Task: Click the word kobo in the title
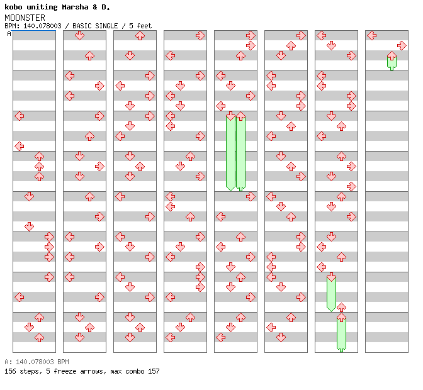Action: click(14, 8)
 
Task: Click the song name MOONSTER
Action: click(25, 18)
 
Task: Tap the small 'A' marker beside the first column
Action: click(9, 33)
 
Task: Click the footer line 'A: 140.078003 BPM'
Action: click(37, 362)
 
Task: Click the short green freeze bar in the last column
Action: click(392, 62)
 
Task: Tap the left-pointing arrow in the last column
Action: click(371, 35)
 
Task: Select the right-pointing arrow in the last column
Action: click(402, 45)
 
